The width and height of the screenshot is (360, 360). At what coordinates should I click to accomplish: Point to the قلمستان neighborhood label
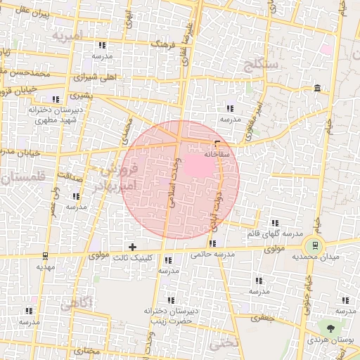click(21, 177)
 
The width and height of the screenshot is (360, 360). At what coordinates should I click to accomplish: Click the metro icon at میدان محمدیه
click(311, 246)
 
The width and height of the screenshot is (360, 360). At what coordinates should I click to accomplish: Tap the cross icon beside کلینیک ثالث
click(132, 246)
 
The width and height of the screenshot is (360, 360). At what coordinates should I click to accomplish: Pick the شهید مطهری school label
click(52, 120)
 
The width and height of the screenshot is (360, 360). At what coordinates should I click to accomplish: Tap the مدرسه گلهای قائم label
click(274, 233)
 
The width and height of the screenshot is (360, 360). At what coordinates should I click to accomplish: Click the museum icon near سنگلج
click(318, 88)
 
